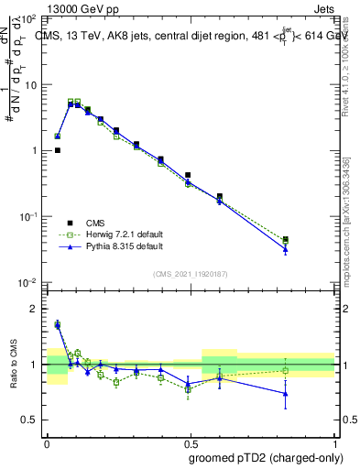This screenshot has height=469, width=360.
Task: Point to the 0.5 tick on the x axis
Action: (x=190, y=442)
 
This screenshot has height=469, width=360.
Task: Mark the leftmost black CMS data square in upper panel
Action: (x=57, y=150)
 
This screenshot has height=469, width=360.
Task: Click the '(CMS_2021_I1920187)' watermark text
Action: (x=190, y=273)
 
